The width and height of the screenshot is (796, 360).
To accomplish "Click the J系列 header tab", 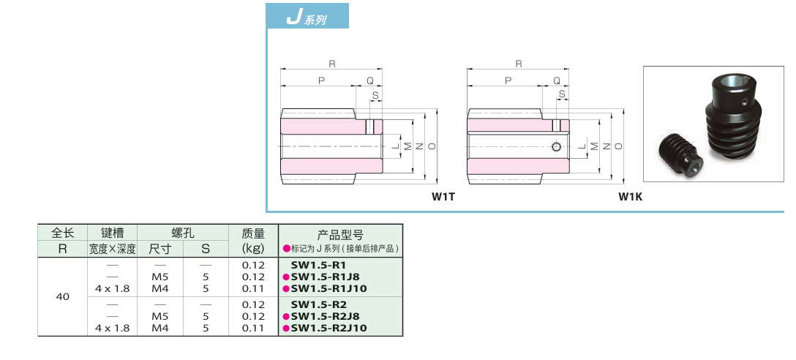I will coord(307,17).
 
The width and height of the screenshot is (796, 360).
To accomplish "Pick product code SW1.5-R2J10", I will coord(328,328).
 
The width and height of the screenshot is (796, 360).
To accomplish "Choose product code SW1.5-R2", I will coord(318,304).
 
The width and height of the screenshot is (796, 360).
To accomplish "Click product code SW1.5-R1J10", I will coord(328,288).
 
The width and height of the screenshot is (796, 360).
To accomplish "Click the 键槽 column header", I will coord(112,233).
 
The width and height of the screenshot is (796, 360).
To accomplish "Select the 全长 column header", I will coord(63,233).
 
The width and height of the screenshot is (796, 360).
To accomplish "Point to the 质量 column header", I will coord(253,233).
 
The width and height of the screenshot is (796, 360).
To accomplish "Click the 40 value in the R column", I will coord(63,297).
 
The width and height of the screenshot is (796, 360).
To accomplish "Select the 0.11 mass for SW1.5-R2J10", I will coord(253,328).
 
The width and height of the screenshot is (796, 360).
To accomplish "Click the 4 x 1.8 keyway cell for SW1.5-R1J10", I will coord(112,288).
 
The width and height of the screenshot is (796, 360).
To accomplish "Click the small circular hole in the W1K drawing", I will coord(557,147).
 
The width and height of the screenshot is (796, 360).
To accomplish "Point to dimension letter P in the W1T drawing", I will coord(321,80).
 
